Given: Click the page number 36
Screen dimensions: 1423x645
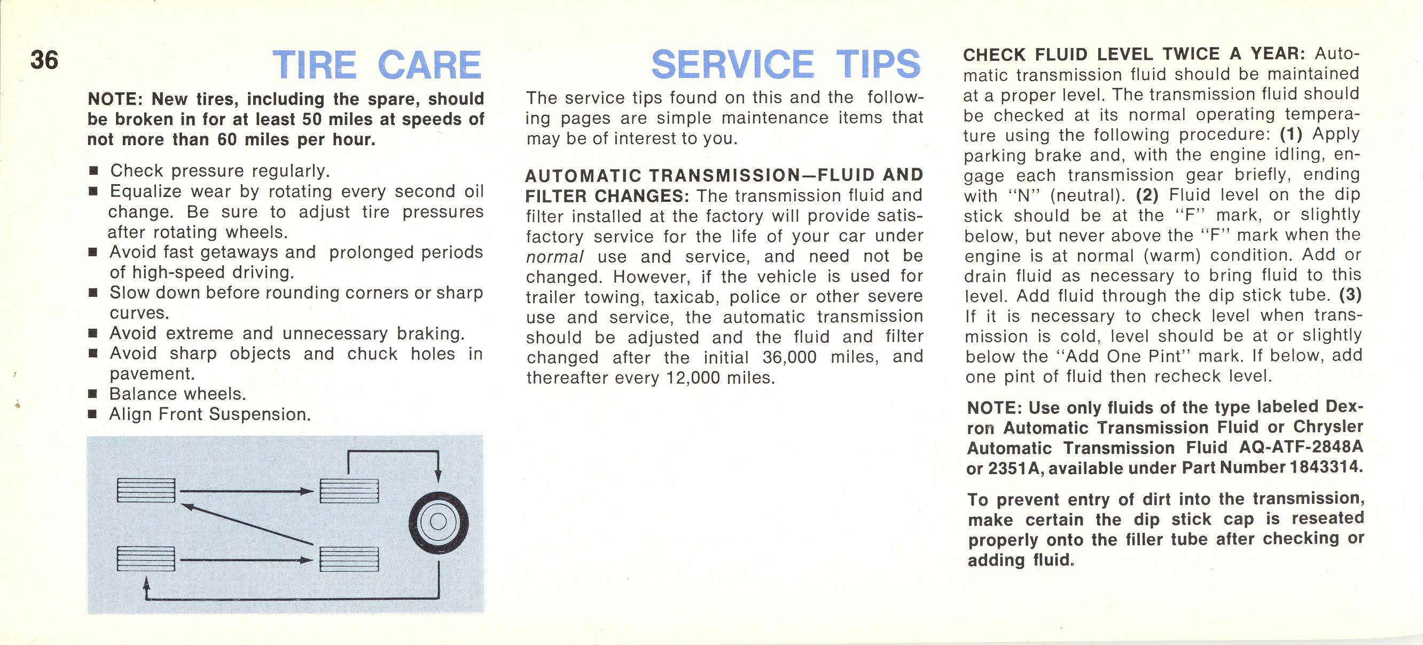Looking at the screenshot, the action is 44,60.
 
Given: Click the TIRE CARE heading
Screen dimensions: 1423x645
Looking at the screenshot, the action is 377,66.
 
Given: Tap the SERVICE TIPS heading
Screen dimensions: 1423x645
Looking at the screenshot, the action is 786,65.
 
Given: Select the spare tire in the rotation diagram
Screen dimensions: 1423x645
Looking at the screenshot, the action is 439,521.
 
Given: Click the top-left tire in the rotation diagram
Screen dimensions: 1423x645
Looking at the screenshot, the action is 146,490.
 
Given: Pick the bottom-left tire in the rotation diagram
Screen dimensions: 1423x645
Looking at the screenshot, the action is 146,559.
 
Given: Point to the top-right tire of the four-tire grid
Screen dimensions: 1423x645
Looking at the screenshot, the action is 350,490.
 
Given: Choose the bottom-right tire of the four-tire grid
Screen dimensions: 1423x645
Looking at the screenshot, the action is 350,559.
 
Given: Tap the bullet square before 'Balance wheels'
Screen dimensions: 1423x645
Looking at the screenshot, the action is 93,395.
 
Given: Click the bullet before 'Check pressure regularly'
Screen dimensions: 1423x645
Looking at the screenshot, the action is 93,172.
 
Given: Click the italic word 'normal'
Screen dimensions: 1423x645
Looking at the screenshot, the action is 554,257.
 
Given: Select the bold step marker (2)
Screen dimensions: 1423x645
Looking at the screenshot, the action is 1148,195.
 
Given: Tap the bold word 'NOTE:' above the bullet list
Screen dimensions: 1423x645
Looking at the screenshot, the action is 115,99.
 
